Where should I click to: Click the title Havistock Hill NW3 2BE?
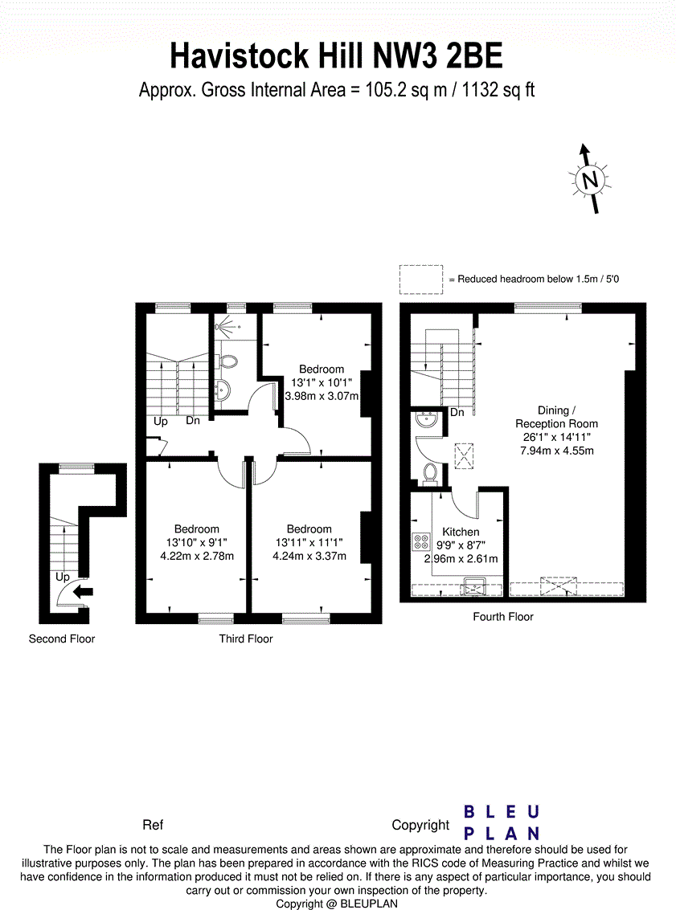pyautogui.click(x=337, y=56)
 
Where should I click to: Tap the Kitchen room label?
pyautogui.click(x=461, y=532)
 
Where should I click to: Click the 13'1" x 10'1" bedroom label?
pyautogui.click(x=322, y=382)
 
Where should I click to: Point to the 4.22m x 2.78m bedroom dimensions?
pyautogui.click(x=197, y=556)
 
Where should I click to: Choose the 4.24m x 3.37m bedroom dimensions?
pyautogui.click(x=309, y=556)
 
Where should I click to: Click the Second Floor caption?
pyautogui.click(x=62, y=639)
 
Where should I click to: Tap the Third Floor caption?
pyautogui.click(x=246, y=639)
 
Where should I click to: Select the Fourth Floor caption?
pyautogui.click(x=504, y=617)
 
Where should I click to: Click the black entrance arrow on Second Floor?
pyautogui.click(x=83, y=592)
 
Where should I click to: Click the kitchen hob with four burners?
pyautogui.click(x=421, y=542)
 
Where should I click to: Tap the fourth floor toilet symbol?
pyautogui.click(x=429, y=473)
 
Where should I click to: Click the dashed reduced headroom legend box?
pyautogui.click(x=420, y=279)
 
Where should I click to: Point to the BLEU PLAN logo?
pyautogui.click(x=501, y=822)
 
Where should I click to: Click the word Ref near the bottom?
pyautogui.click(x=153, y=825)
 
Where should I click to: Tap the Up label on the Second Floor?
pyautogui.click(x=62, y=577)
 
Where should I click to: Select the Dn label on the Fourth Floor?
pyautogui.click(x=457, y=413)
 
